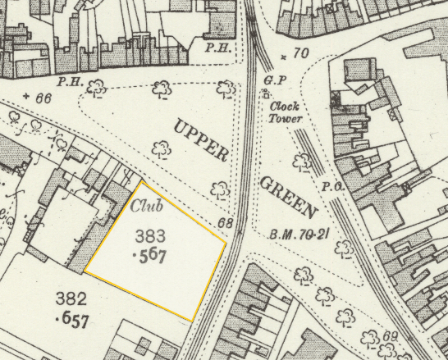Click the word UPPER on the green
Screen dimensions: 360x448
click(x=199, y=139)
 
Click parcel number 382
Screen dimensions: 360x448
click(x=71, y=297)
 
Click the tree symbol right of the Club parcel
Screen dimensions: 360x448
click(x=219, y=190)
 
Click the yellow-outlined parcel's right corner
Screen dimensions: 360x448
click(x=227, y=241)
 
